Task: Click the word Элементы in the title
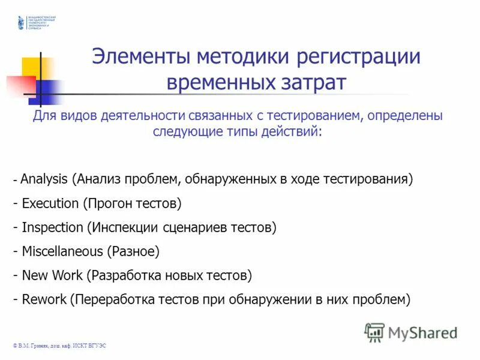point(141,58)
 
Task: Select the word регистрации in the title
point(358,58)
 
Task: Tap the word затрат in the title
point(314,82)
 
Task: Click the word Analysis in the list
point(44,179)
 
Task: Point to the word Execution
point(50,203)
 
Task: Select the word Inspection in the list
point(52,227)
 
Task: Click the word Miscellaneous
point(62,251)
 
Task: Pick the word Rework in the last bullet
point(44,299)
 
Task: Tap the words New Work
point(52,275)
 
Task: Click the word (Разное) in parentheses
point(133,251)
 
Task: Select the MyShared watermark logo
point(411,332)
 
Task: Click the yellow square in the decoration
point(33,69)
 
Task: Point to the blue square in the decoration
point(47,91)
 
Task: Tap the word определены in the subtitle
point(404,116)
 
